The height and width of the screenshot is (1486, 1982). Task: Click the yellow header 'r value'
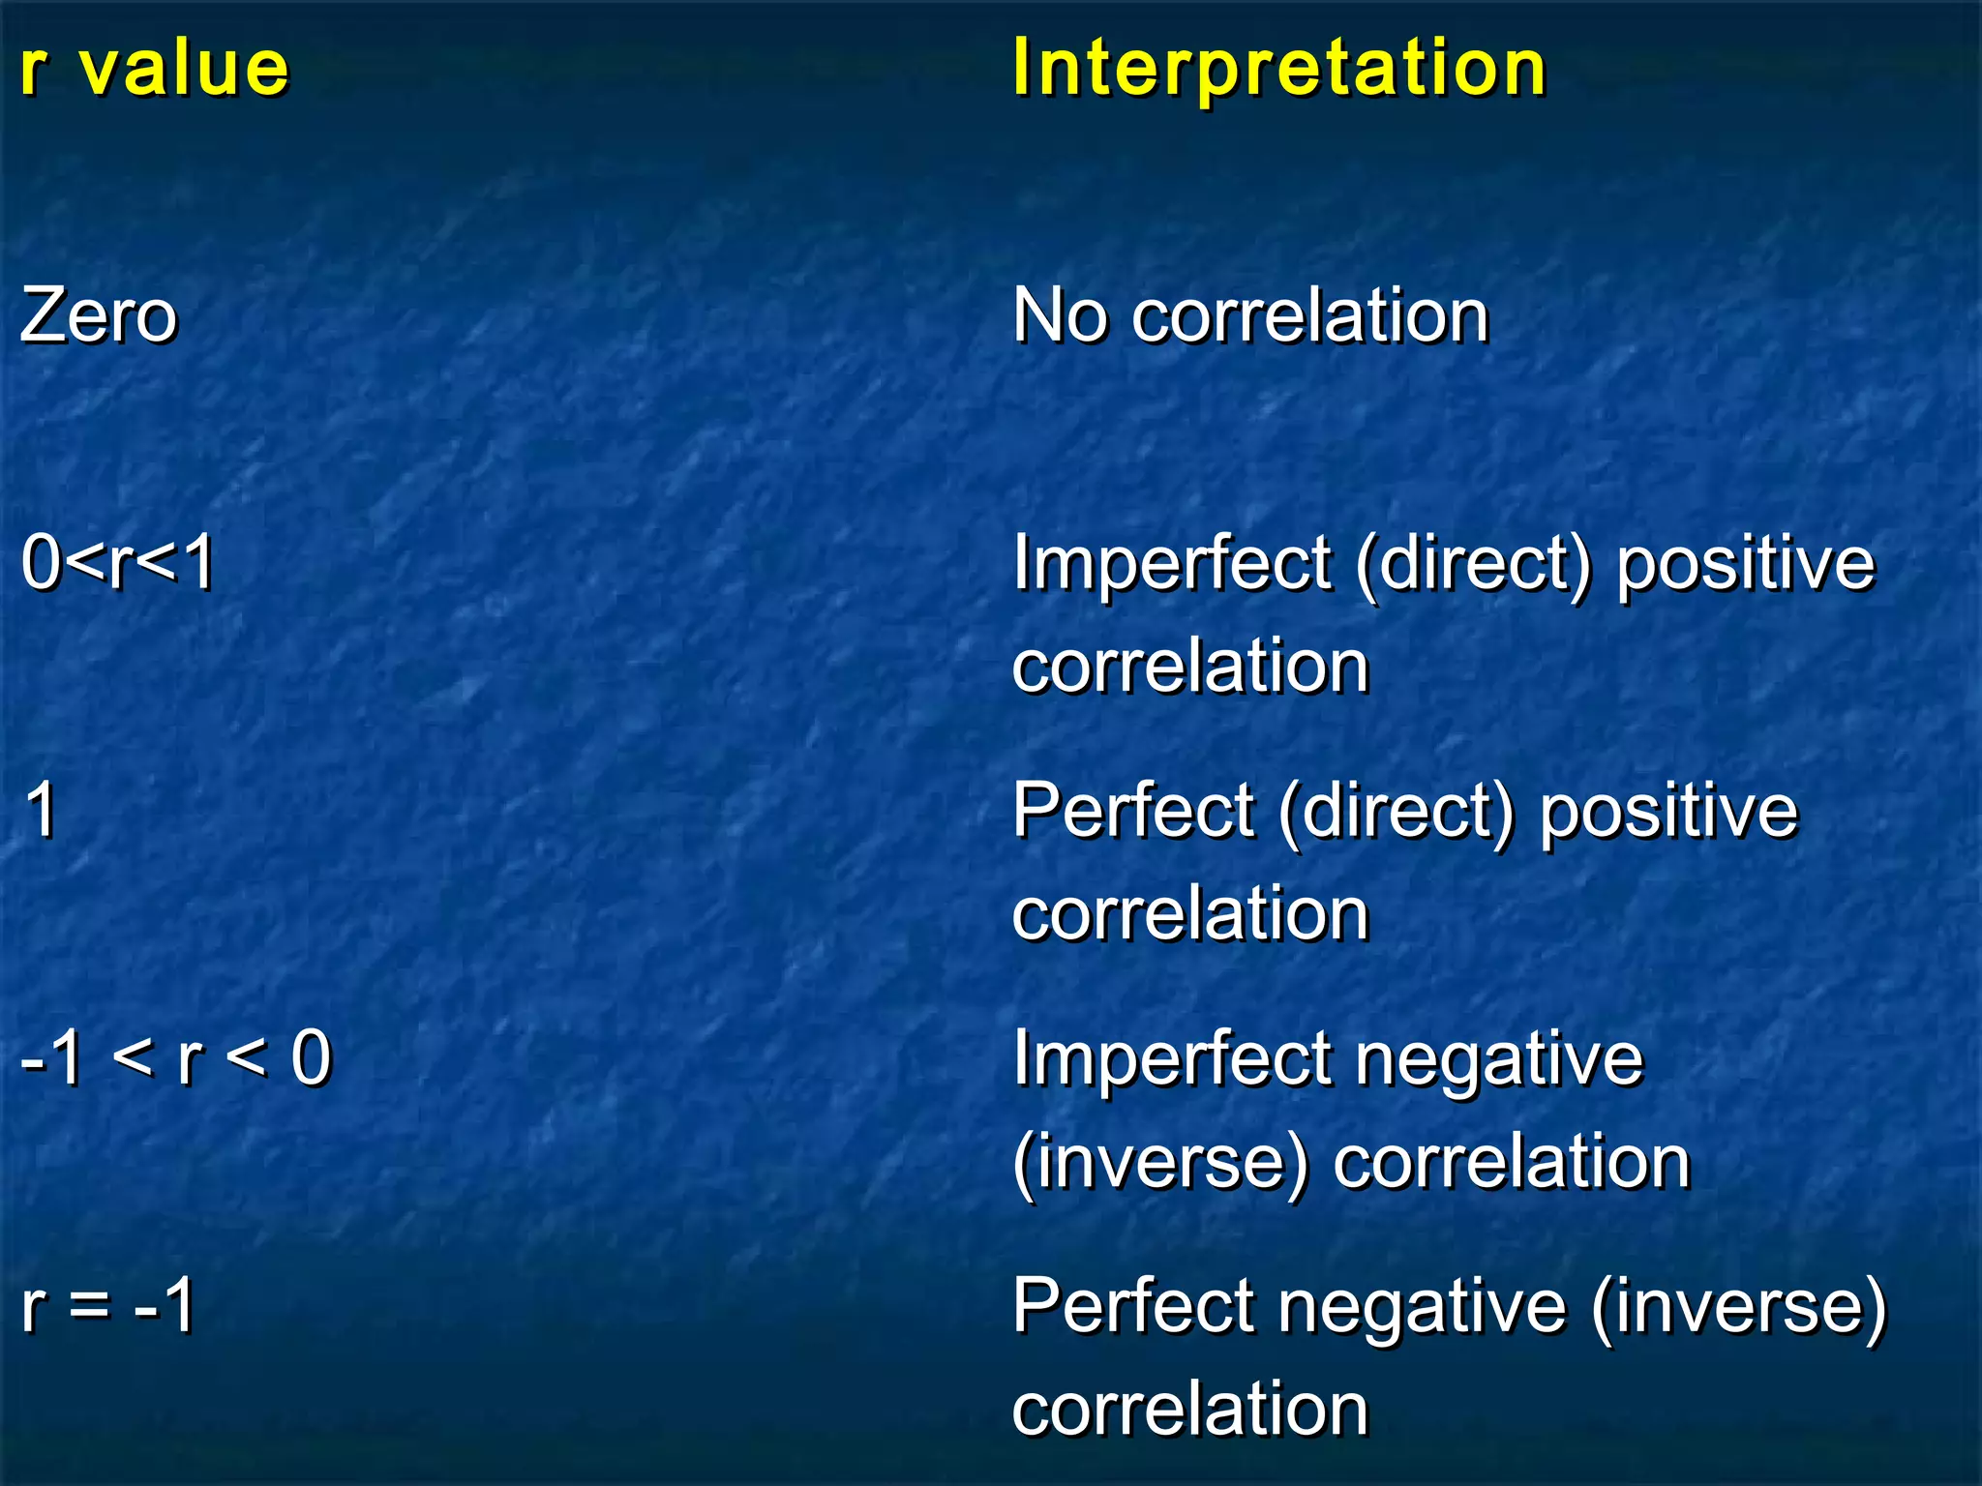(155, 70)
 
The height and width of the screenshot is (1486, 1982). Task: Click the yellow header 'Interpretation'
(1279, 70)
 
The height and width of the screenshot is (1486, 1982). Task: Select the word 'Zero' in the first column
(99, 316)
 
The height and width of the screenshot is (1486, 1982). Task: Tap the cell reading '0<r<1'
(118, 563)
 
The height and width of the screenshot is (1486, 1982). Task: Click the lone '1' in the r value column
(41, 810)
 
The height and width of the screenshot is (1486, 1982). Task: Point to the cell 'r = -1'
(108, 1305)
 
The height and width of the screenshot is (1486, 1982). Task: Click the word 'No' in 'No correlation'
(1060, 316)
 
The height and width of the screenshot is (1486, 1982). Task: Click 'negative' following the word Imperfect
(1499, 1060)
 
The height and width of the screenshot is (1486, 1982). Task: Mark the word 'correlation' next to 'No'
(1310, 316)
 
